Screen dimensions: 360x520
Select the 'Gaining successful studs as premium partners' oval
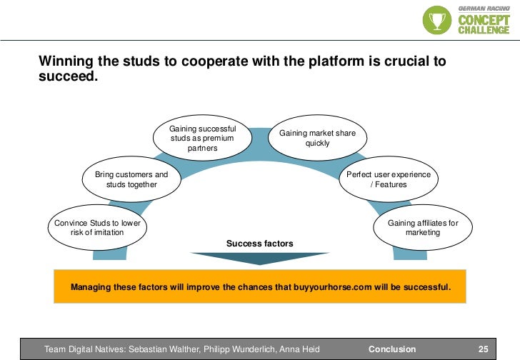pos(202,139)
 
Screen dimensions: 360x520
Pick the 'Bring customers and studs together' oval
pos(131,179)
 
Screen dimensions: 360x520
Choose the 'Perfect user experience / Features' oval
pos(388,179)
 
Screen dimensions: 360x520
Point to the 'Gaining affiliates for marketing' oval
pos(423,228)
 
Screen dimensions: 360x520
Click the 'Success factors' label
pos(259,244)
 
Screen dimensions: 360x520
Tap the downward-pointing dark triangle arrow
pos(260,258)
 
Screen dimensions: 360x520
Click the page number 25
pos(483,349)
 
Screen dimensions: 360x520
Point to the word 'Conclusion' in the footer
pos(391,349)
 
